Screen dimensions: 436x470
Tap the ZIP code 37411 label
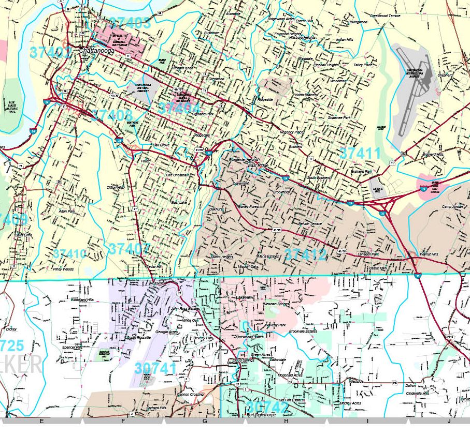pos(360,153)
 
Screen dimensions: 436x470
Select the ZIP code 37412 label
pos(306,254)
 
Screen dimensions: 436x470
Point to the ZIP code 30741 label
pos(155,368)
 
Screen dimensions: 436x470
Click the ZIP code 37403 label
pos(130,23)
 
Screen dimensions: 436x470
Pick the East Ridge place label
pos(259,166)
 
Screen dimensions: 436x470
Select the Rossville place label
pos(156,283)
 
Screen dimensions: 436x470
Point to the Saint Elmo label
pos(24,235)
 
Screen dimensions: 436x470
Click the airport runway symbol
pos(412,93)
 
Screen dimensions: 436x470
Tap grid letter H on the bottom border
pos(286,421)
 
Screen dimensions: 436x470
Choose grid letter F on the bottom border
pos(123,421)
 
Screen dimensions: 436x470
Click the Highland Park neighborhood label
pos(202,114)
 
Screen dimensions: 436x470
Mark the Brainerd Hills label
pos(433,155)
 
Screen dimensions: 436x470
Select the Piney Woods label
pos(63,269)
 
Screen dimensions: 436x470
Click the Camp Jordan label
pos(451,207)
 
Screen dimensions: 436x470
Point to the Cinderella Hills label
pos(417,393)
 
